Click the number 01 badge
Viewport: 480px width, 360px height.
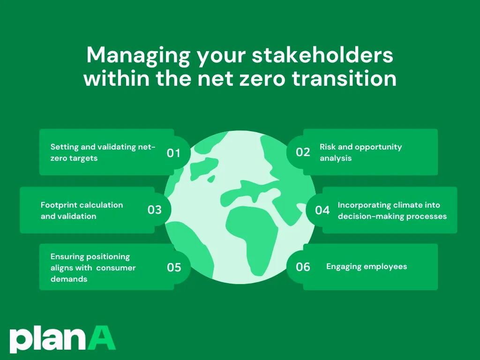173,153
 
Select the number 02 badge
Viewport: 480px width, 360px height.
303,152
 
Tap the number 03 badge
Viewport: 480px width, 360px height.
154,210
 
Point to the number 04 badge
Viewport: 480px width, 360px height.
322,210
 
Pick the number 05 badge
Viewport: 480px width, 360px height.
174,267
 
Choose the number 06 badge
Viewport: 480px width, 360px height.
303,267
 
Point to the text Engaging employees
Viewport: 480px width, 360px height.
367,267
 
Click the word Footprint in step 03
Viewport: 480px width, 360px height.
59,205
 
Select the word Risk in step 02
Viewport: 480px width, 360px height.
328,147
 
